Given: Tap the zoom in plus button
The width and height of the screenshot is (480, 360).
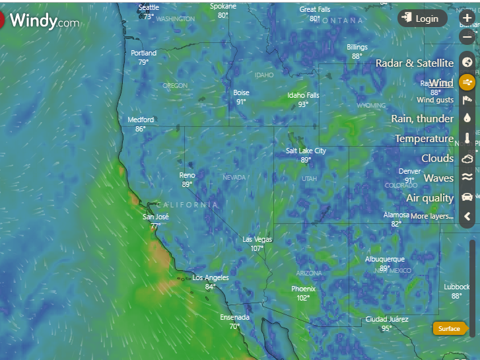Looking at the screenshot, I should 467,18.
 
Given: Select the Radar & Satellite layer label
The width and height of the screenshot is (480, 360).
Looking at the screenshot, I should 414,63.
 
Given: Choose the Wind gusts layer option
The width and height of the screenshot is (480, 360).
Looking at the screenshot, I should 434,100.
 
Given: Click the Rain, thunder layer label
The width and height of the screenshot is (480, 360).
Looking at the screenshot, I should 422,119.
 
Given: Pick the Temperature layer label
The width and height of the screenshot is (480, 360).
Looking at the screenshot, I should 424,139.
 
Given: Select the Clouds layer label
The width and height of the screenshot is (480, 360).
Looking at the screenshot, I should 437,159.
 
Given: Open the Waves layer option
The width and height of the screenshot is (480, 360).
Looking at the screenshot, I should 438,178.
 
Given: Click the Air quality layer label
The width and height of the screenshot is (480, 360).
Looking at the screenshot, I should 430,198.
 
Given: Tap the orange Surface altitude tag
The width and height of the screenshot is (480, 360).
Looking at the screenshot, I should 450,329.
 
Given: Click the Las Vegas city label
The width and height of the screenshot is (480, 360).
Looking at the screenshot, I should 257,239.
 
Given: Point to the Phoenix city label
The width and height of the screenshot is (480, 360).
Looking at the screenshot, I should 303,289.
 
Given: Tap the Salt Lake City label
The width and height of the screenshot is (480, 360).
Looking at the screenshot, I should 306,151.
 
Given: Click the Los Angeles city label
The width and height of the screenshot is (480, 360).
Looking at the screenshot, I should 211,277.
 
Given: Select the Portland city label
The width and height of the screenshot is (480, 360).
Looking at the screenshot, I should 143,53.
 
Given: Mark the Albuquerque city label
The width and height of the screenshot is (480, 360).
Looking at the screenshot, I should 384,259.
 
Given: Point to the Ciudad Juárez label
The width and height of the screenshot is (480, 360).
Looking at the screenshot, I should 386,320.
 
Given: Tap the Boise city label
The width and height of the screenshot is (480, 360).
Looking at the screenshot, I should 241,93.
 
